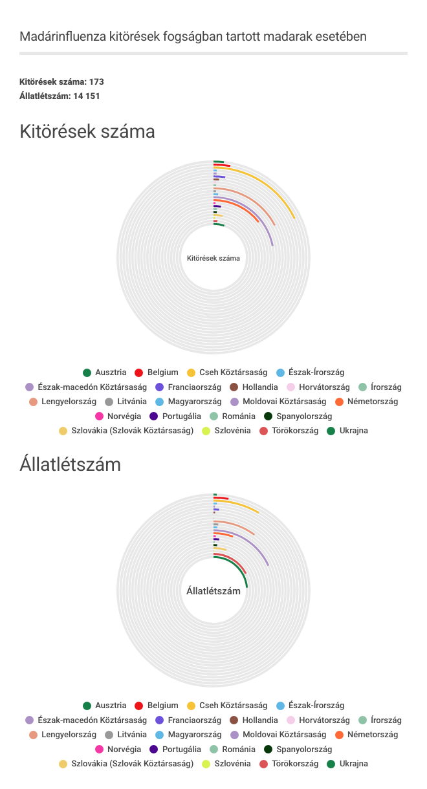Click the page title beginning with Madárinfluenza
[x=193, y=36]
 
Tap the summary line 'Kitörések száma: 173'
[x=61, y=82]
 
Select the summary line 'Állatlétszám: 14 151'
[x=60, y=96]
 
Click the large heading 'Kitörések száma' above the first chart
[x=87, y=132]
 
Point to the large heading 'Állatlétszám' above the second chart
[x=70, y=464]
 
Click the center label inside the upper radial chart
[x=213, y=258]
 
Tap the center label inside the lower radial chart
[x=213, y=591]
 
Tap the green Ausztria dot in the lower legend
[x=87, y=705]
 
